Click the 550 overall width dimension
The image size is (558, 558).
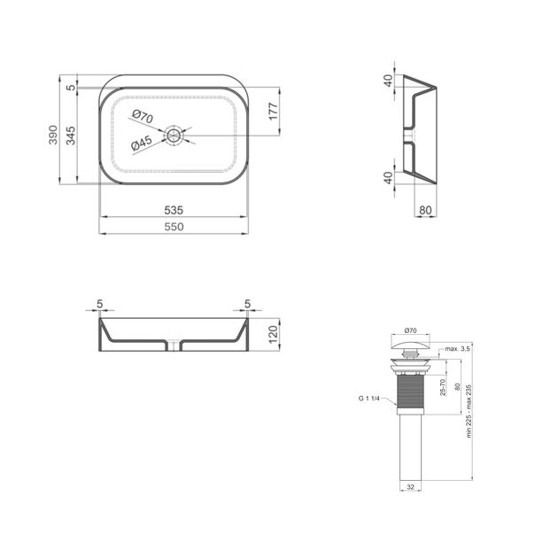(174, 227)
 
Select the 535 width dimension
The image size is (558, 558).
(174, 210)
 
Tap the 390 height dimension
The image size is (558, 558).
(53, 135)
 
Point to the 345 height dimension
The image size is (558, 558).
(71, 136)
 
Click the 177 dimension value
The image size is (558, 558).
(273, 112)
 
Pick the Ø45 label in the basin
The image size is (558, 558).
(142, 143)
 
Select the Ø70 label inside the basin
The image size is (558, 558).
(143, 116)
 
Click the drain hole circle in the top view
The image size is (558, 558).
(174, 136)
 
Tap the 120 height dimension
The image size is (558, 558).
(273, 334)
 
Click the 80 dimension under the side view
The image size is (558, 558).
(425, 210)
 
